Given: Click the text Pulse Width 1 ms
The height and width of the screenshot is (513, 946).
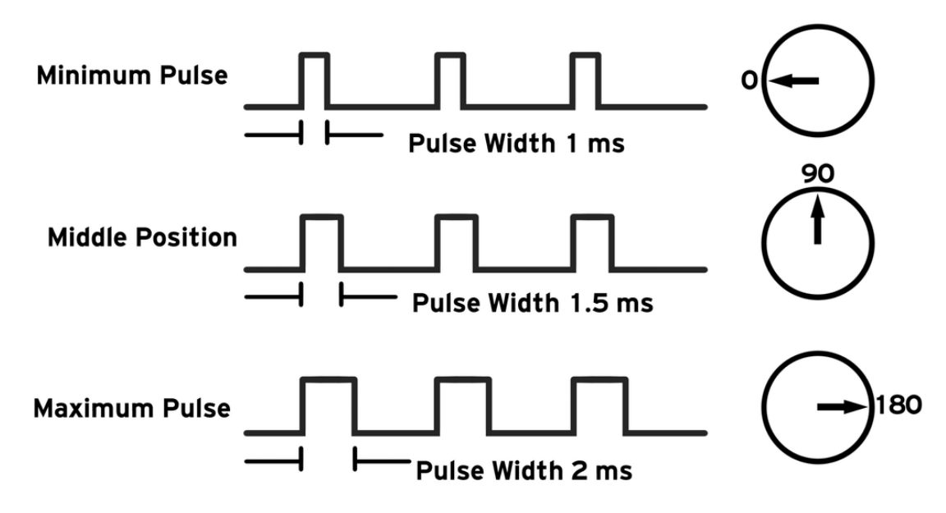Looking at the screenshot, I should [x=516, y=144].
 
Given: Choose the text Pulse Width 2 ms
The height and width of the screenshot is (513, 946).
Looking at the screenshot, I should [x=524, y=471].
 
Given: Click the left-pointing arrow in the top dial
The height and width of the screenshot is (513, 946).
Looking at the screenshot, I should [x=796, y=80].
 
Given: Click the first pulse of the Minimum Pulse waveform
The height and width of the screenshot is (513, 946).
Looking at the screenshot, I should [x=314, y=80].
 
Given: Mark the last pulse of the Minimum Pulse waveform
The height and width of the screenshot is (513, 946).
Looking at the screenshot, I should [x=586, y=80].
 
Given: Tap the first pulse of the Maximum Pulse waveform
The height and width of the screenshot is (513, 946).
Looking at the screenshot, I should [x=328, y=405].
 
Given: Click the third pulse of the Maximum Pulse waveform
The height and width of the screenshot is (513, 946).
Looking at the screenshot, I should [x=599, y=405].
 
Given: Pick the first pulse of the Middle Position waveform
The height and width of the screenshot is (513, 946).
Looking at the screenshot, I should [x=321, y=242].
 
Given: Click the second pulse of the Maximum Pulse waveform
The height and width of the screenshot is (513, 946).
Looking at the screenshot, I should [x=464, y=405].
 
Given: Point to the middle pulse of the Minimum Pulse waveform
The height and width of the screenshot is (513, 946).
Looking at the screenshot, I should [x=450, y=80].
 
